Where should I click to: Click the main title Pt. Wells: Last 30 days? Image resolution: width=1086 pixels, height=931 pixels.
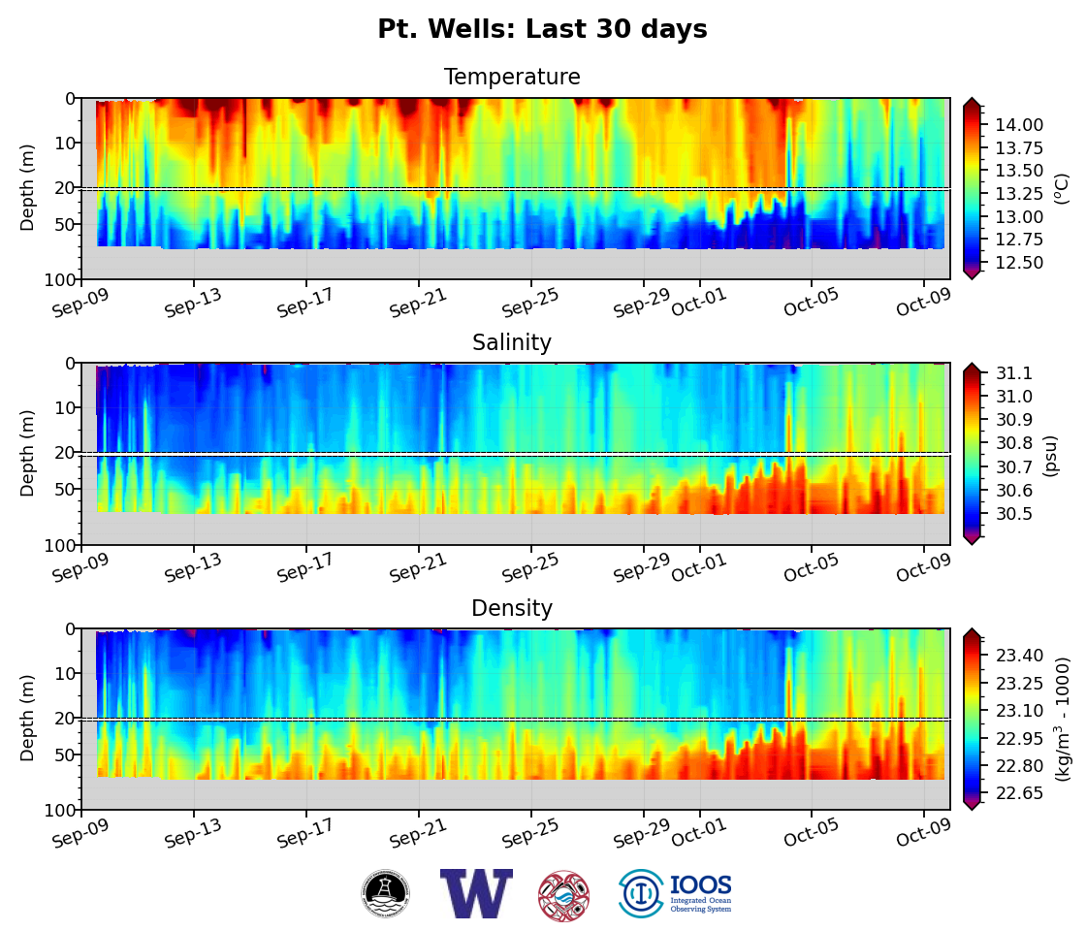[x=542, y=30]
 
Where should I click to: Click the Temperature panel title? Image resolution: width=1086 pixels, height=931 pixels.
[x=512, y=78]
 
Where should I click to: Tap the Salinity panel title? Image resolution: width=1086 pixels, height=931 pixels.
[x=512, y=343]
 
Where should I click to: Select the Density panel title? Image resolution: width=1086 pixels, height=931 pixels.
[x=512, y=609]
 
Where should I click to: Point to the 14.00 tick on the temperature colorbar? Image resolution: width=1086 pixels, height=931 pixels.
[x=1017, y=124]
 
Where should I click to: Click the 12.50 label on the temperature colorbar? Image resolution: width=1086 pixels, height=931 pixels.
[x=1017, y=263]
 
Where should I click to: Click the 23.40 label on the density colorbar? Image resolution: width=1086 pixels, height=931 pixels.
[x=1017, y=656]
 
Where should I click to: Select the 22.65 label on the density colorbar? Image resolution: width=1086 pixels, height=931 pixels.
[x=1017, y=793]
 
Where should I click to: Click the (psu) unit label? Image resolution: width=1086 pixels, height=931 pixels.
[x=1049, y=455]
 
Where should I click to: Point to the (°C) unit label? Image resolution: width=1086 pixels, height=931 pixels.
[x=1061, y=188]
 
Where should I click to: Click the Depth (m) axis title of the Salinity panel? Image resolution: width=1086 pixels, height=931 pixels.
[x=28, y=453]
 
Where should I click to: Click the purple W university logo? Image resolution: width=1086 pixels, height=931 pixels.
[x=475, y=893]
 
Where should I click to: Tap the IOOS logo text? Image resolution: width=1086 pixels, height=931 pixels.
[x=700, y=886]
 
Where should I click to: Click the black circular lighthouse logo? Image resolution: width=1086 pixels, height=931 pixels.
[x=386, y=893]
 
